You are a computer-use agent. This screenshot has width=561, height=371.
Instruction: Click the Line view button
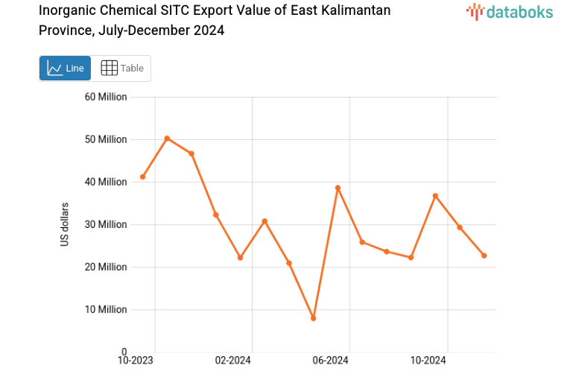tap(66, 69)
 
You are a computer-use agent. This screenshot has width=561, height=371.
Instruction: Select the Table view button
tap(122, 69)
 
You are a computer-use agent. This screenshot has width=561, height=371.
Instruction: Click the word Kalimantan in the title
tap(350, 10)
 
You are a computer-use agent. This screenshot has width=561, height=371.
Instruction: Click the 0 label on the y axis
tap(124, 352)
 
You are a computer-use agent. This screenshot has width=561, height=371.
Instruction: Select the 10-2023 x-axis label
tap(136, 361)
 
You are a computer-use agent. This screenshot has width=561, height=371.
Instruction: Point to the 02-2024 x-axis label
tap(233, 361)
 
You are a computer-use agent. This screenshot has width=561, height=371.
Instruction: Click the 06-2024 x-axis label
tap(331, 361)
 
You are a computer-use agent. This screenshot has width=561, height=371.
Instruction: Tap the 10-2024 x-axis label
tap(428, 361)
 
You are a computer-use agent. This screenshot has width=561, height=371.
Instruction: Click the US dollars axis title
tap(66, 224)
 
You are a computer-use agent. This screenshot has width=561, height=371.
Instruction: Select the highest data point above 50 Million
tap(167, 138)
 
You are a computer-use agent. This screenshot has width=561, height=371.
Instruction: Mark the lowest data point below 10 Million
tap(314, 318)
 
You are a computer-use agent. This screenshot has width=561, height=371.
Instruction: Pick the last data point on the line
tap(484, 256)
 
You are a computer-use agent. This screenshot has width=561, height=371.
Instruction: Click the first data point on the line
tap(142, 177)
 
